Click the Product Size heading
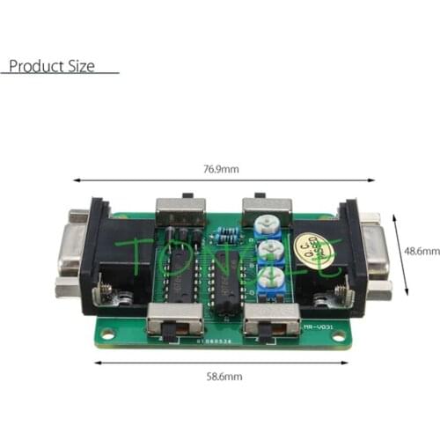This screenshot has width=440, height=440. point(51,66)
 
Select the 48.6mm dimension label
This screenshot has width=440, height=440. point(422,251)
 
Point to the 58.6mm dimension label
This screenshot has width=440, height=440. point(224,376)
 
